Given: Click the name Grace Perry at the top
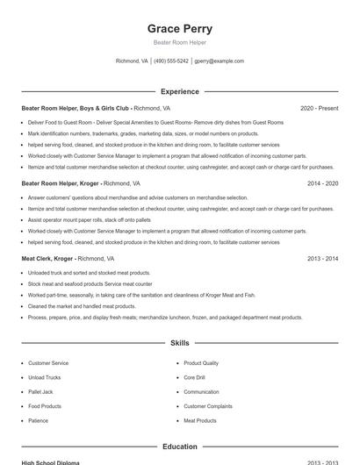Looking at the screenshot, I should coord(179,29).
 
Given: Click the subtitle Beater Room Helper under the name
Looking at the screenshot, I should coord(179,43).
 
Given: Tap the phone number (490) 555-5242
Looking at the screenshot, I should coord(171,61).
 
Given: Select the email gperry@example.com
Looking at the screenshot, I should coord(219,61).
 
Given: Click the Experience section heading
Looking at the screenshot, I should coord(179,91).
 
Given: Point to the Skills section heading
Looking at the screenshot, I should coord(179,343).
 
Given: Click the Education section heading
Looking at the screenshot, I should coord(179,447).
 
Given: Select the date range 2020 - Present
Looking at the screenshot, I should coord(319,108).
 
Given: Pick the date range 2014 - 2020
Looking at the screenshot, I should coord(322,183).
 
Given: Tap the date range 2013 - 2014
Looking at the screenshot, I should coord(322,259).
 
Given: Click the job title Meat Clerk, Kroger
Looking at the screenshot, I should coord(47,259).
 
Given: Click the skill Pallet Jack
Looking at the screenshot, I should coord(40,391).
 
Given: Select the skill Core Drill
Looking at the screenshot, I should coord(194,377).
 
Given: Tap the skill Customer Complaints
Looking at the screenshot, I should coord(207,406).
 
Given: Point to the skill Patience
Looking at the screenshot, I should coord(38,420).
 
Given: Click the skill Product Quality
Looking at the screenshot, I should coord(201,362).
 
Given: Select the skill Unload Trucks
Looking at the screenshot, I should coord(43,377).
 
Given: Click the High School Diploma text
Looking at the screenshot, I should coord(50,462).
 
